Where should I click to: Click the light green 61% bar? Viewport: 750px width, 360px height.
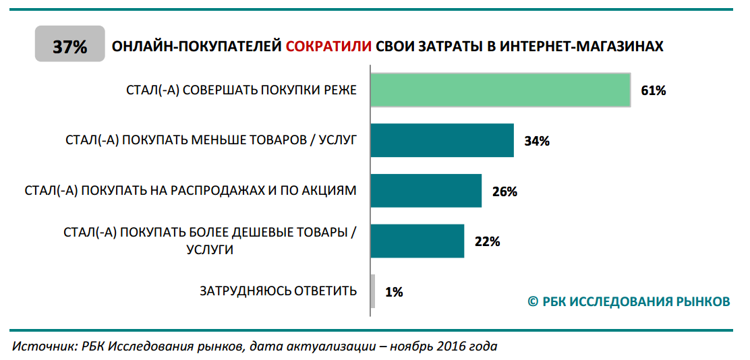coord(500,90)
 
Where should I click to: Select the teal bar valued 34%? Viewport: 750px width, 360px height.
coord(442,140)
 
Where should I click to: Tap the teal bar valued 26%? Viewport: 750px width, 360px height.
coord(426,191)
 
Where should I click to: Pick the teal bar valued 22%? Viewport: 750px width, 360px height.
coord(417,241)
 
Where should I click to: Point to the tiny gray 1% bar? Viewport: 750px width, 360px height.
coord(373,291)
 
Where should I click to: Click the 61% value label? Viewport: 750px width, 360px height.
coord(653,91)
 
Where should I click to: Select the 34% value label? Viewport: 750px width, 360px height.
coord(537,141)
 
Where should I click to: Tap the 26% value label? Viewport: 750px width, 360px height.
coord(504,191)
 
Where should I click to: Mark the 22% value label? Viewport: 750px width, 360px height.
coord(487,242)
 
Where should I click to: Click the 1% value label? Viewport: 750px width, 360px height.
coord(394,292)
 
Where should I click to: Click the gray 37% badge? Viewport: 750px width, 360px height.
coord(70,47)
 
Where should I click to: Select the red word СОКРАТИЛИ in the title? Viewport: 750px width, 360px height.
coord(328,47)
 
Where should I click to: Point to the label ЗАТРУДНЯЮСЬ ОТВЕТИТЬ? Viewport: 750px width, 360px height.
coord(278,291)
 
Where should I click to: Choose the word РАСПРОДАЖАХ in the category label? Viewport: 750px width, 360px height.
coord(214,190)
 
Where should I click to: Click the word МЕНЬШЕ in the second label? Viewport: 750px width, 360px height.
coord(227,140)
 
